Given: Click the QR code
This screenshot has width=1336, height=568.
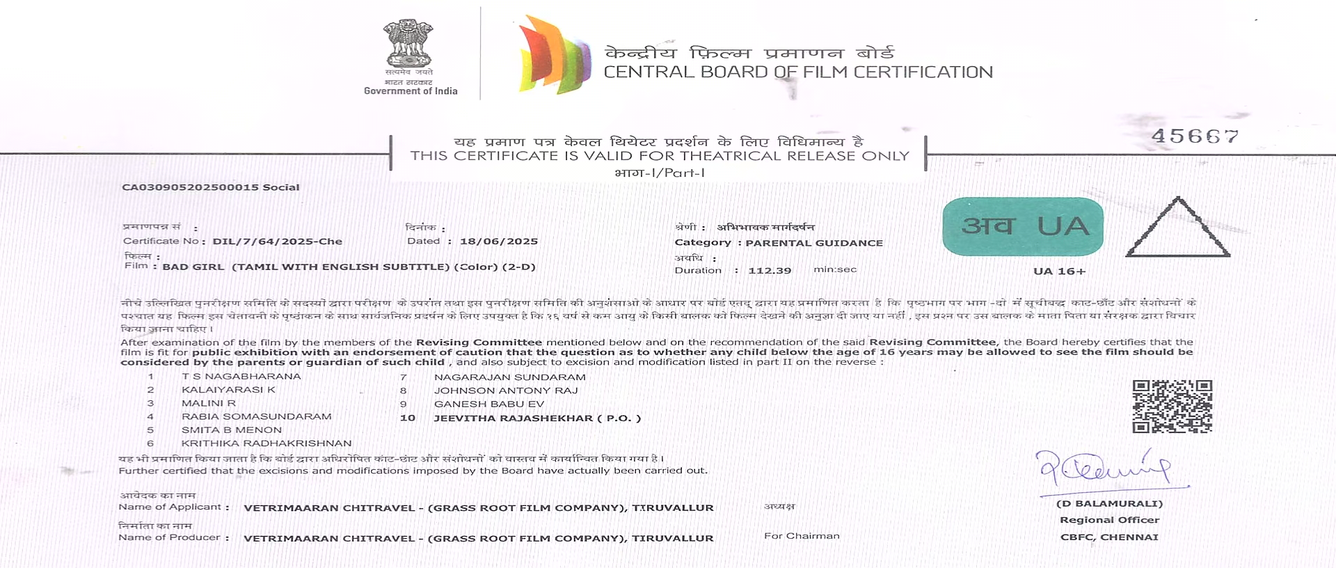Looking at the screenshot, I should coord(1172,406).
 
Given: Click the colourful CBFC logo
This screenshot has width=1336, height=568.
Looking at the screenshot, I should coord(554,54).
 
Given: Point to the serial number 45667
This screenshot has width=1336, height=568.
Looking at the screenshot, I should coord(1195,136).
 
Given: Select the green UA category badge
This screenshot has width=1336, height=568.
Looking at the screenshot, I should coord(1023,226).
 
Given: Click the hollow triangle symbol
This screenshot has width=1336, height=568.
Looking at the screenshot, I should coord(1177,230).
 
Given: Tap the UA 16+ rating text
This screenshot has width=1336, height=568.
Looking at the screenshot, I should coord(1059,271).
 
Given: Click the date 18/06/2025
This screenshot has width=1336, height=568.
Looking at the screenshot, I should coord(498,242).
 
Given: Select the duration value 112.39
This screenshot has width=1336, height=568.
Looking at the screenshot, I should coord(770,270).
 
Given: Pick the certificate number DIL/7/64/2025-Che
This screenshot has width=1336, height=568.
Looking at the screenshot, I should coord(277,242).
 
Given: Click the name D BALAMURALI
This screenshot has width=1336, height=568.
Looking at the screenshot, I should coord(1109,503).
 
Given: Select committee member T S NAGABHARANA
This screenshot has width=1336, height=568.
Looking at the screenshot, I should coord(241,377).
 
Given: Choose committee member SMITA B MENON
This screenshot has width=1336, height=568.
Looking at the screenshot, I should coord(232,430).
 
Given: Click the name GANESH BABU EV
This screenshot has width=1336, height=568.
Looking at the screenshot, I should coord(488,404).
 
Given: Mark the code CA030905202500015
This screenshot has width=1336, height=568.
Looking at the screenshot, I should coord(190,187).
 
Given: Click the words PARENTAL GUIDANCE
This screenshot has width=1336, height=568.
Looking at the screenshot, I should coord(814,243).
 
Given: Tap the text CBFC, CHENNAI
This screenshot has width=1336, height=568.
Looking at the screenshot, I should coord(1109,537).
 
